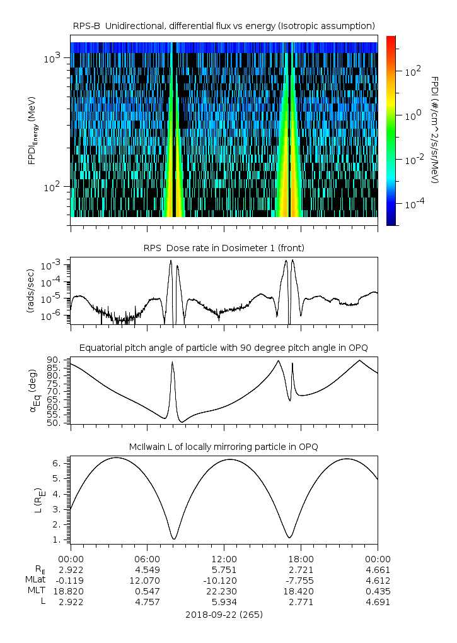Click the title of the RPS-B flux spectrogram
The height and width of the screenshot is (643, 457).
224,25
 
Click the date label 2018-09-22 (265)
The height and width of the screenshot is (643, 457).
224,614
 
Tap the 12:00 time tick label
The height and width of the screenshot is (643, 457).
224,558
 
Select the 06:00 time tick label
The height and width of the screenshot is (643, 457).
147,558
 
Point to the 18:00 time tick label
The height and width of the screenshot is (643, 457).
301,558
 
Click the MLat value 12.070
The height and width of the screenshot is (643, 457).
147,580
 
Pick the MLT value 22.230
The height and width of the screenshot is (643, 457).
224,591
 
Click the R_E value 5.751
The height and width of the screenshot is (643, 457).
224,569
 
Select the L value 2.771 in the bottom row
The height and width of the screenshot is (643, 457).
301,602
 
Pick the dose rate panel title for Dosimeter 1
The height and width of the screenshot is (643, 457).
224,248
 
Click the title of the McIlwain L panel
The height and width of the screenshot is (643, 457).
224,447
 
